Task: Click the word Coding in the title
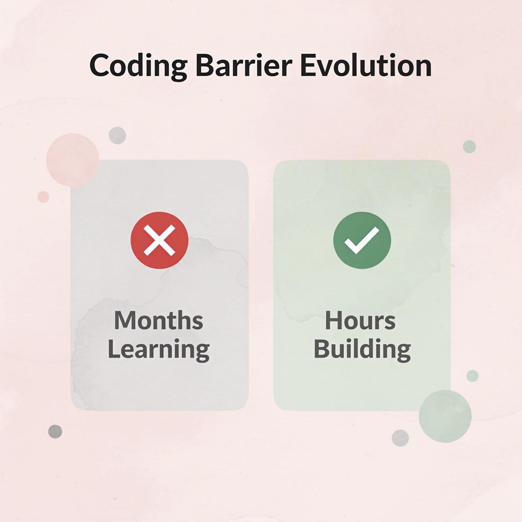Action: point(138,66)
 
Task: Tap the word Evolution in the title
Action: point(366,66)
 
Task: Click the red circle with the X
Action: point(160,240)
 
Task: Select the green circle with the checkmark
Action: point(362,240)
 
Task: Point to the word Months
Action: point(159,321)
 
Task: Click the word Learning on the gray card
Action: point(159,349)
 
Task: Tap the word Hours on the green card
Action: point(360,321)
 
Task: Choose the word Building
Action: point(362,349)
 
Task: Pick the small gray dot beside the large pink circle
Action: point(117,135)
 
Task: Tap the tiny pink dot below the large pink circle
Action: point(43,197)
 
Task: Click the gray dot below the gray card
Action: point(55,431)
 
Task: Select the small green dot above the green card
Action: point(469,147)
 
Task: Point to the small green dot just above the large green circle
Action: point(472,376)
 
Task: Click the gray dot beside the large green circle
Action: point(400,438)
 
